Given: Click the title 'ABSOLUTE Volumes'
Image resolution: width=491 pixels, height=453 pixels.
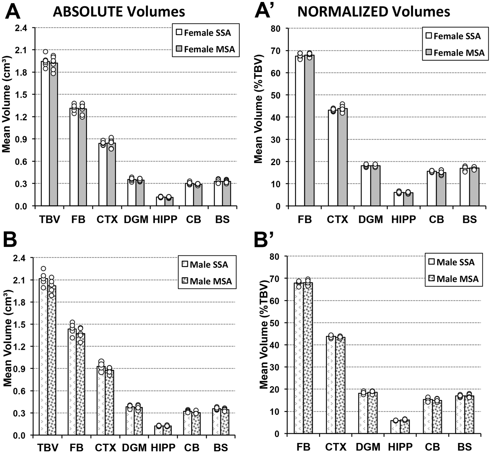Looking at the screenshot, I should (119, 12).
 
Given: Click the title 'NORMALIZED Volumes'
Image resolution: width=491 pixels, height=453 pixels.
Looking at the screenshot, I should (373, 12).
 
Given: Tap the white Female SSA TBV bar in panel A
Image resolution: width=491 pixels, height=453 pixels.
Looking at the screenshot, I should (45, 135).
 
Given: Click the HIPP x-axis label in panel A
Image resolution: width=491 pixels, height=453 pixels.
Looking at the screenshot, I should (165, 219).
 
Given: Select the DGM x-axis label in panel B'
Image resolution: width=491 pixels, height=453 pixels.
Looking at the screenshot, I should (368, 447).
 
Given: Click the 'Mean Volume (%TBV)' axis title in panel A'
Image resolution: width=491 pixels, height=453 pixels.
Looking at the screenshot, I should (258, 109).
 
